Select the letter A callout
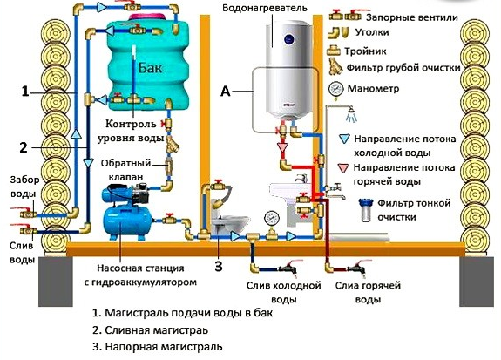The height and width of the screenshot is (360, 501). tap(226, 91)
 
